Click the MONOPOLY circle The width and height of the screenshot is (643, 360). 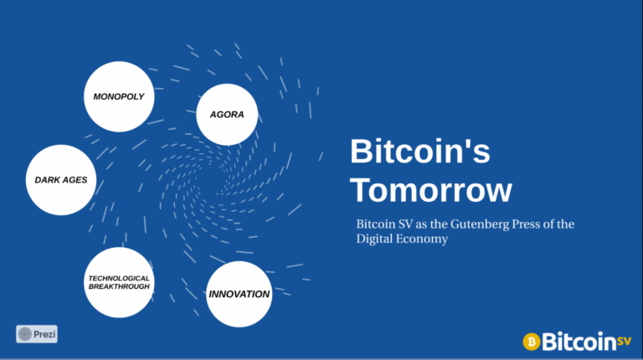coord(119,97)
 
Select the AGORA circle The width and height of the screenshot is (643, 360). coord(227,115)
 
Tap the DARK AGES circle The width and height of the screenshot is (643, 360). coord(61,180)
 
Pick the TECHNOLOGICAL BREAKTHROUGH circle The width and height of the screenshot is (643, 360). coord(119,282)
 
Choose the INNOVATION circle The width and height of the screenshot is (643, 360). coord(239,294)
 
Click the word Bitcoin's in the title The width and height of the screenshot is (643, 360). coord(420,151)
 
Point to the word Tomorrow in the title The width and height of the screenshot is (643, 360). coord(431,190)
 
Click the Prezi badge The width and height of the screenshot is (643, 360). coord(37,334)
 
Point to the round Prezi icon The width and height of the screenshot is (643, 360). coord(25,334)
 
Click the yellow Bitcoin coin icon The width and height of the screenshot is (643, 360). coord(532,342)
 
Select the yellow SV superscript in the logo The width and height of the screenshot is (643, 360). coord(624,341)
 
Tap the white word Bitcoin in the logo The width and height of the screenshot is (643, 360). coord(579,341)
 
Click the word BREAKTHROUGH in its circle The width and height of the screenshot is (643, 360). coord(120,286)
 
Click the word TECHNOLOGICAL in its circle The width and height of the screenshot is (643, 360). coord(119,279)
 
